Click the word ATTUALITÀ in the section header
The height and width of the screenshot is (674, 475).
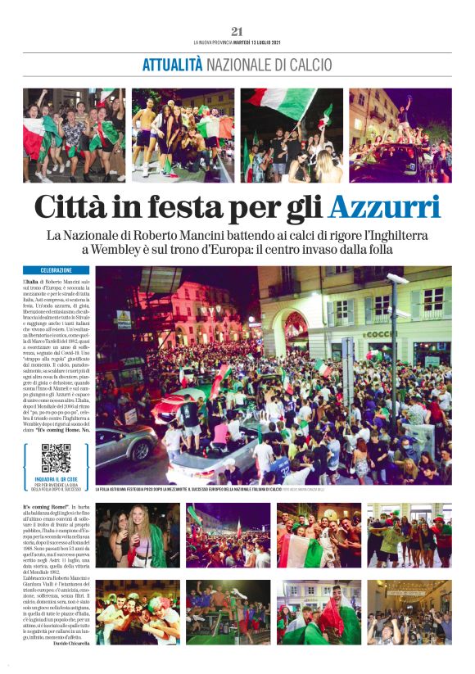click(x=172, y=65)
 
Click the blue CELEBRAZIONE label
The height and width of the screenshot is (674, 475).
click(x=56, y=270)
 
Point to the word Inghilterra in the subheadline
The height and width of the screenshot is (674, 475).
click(x=395, y=236)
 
